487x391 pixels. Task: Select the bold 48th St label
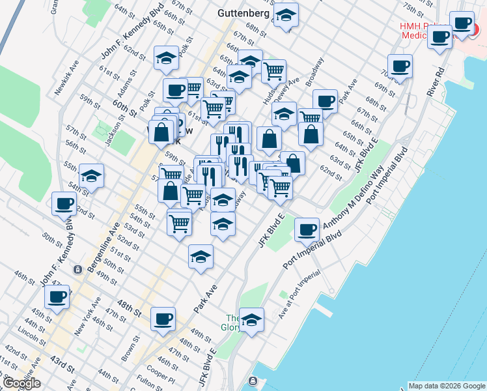point(128,304)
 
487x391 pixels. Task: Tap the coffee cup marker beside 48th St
point(163,319)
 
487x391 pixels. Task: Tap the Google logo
point(21,383)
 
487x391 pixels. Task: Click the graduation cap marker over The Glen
point(251,320)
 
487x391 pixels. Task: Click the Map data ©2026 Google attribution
point(446,386)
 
